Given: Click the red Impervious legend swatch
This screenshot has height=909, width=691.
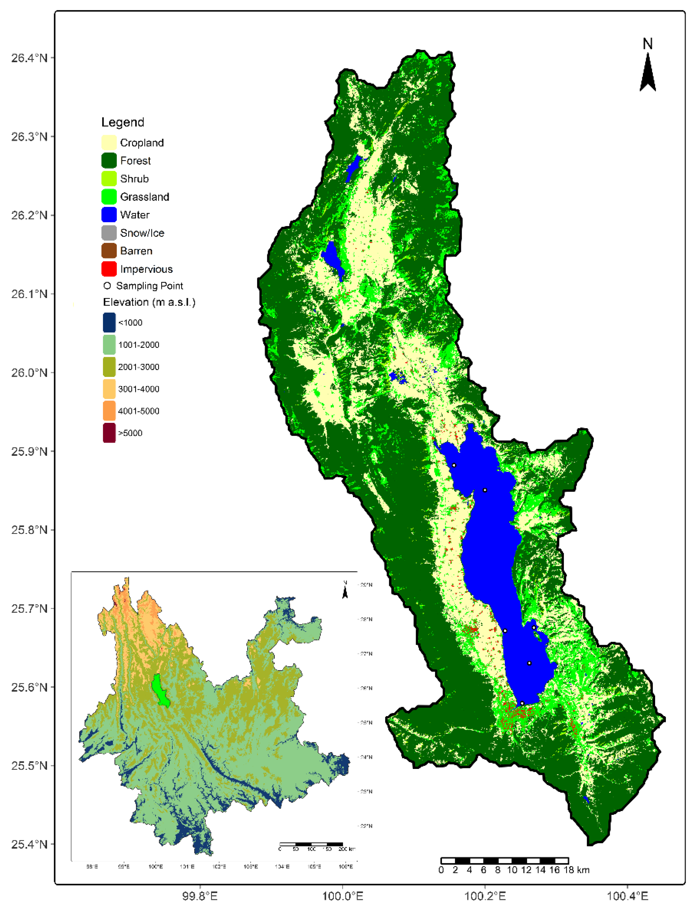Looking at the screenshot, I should coord(109,269).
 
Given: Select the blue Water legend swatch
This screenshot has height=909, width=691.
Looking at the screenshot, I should coord(109,214).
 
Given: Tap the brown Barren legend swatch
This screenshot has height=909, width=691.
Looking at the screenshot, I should coord(109,251).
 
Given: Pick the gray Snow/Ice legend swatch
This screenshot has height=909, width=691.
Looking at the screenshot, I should coord(109,233).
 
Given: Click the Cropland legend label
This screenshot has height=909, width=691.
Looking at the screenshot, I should coord(142,143).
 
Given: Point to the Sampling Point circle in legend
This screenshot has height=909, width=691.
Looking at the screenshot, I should coord(107,285).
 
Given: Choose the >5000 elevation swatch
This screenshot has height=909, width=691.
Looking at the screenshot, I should coord(109,433).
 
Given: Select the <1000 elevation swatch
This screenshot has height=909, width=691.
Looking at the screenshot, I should coord(109,322).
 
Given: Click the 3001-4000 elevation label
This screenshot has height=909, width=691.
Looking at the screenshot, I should coord(139,389).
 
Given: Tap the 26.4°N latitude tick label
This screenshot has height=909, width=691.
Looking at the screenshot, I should coord(29,58).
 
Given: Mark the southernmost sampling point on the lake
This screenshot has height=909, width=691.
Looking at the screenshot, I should coord(522,704).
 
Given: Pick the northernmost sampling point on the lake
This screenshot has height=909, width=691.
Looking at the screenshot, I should coord(454,466).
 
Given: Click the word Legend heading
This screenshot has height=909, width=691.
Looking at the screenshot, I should coord(123,122).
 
